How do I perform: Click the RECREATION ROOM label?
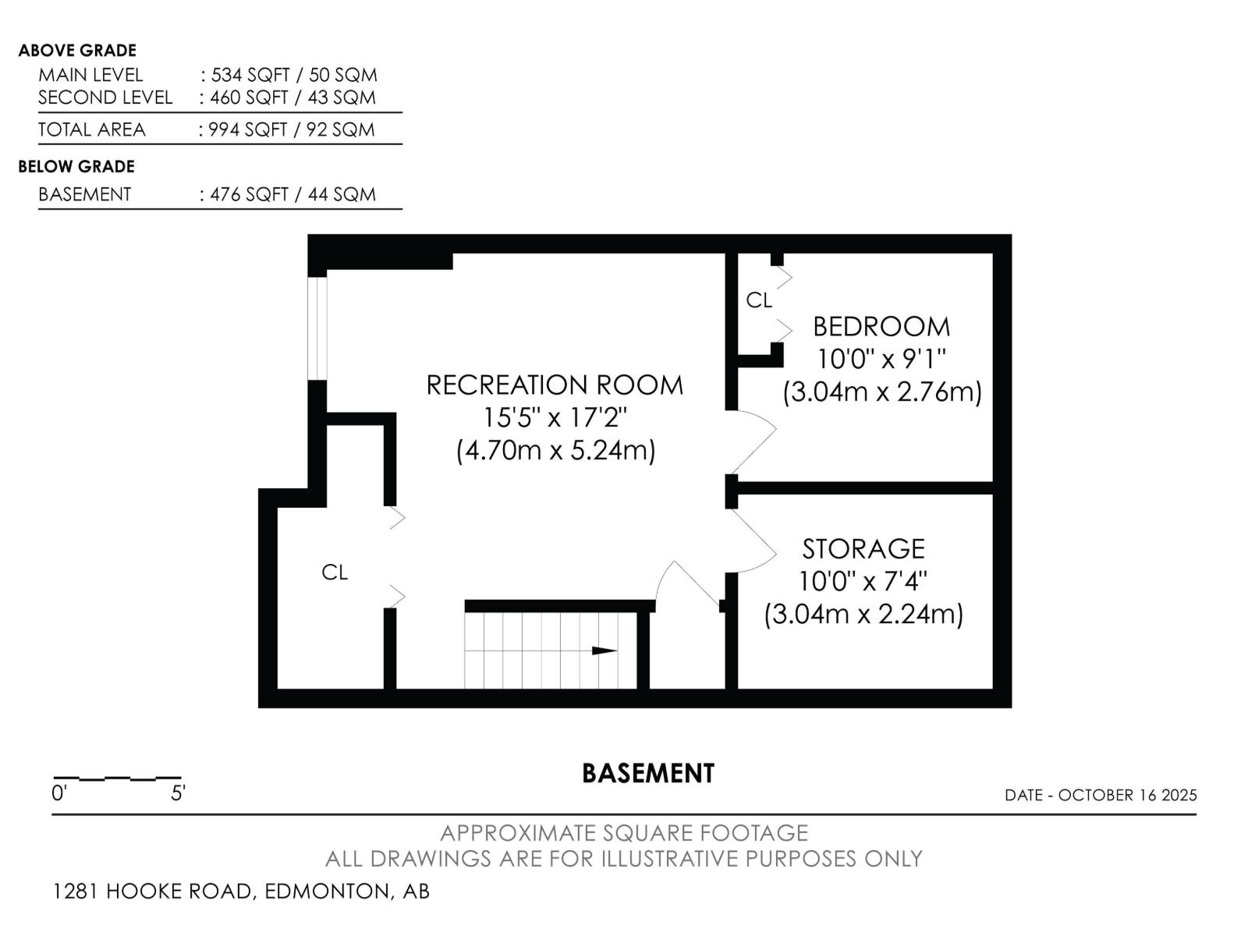555,385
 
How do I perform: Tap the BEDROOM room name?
881,326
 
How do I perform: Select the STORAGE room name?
863,549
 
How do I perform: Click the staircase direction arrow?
604,651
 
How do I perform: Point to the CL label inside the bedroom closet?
758,300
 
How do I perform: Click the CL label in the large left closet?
335,573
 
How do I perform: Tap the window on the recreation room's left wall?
317,328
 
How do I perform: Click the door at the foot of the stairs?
686,585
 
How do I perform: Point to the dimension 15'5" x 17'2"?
555,418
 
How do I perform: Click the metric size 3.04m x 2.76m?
882,392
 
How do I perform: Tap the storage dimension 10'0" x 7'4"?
863,582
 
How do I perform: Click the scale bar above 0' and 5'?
117,778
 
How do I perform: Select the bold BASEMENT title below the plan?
648,774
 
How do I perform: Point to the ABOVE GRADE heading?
77,51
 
